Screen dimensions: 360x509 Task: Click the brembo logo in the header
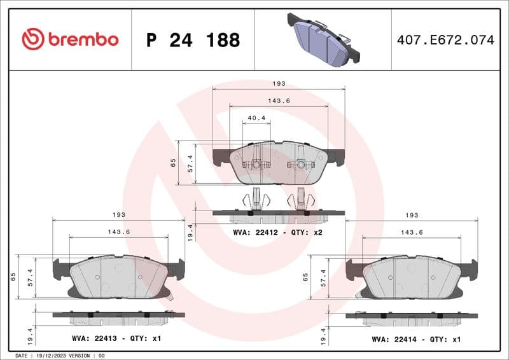70,39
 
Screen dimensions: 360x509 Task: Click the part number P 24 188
193,40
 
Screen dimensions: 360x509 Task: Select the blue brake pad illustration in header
323,39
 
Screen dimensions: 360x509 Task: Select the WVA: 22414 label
399,338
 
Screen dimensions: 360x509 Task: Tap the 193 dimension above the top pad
278,84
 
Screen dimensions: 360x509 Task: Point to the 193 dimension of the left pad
118,215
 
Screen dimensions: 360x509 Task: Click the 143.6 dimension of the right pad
412,232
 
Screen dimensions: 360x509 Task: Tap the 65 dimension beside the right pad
306,277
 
